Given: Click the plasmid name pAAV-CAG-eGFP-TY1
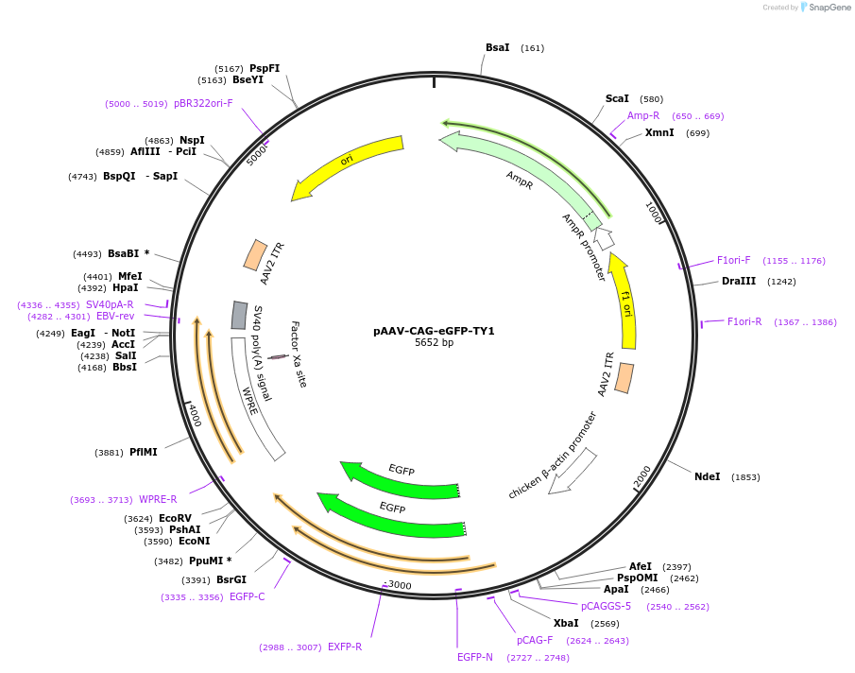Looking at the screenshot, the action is coord(434,331).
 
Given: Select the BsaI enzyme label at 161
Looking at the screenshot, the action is coord(497,47).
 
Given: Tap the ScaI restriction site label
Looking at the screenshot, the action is coord(617,98).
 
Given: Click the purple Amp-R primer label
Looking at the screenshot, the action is coord(643,115).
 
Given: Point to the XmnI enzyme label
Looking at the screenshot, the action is coord(659,132).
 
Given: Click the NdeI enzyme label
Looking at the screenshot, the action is coord(707,476).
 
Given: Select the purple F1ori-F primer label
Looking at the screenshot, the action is coord(733,260).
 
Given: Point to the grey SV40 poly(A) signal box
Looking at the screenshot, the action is coord(239,315).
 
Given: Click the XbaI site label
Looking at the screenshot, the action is coord(566,623).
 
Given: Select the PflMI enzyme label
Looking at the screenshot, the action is coord(143,452).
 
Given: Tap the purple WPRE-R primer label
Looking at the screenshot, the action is coord(158,499).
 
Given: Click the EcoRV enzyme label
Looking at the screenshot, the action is coord(175,518).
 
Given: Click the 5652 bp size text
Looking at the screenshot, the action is coord(434,342).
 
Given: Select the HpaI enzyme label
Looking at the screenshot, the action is coord(125,287).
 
